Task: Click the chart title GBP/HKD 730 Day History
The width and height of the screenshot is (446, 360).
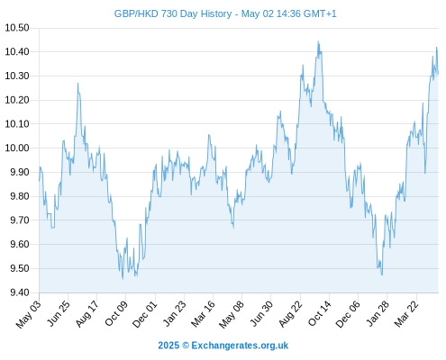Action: tap(173, 13)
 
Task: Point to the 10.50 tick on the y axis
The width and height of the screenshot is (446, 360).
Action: tap(17, 28)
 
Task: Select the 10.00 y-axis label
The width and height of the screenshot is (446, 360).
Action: tap(17, 148)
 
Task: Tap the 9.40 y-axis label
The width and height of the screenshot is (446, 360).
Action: tap(20, 292)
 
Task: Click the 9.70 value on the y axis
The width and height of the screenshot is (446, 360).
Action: tap(20, 220)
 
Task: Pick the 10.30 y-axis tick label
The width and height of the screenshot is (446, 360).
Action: tap(17, 76)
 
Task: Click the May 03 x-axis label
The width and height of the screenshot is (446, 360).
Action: tap(28, 314)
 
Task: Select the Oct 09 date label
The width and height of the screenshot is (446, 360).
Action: tap(116, 313)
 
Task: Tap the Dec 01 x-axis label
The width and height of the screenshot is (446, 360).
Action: tap(145, 314)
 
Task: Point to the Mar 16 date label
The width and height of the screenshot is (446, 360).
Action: tap(204, 313)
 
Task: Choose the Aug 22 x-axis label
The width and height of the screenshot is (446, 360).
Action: tap(290, 313)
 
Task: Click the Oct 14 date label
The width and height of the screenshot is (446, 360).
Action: tap(320, 313)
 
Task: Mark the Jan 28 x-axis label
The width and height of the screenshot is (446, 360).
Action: tap(378, 313)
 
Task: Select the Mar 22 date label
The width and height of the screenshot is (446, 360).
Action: tap(406, 313)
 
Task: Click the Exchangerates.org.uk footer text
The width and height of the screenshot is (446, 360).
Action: tap(240, 346)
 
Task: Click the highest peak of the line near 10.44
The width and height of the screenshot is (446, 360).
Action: tap(318, 41)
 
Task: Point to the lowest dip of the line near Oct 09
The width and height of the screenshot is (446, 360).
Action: tap(123, 279)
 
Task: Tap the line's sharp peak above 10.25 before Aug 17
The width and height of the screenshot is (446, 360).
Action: tap(77, 83)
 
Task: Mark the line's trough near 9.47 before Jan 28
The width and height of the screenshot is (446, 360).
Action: tap(382, 274)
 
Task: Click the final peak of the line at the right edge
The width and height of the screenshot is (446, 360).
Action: tap(436, 48)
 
